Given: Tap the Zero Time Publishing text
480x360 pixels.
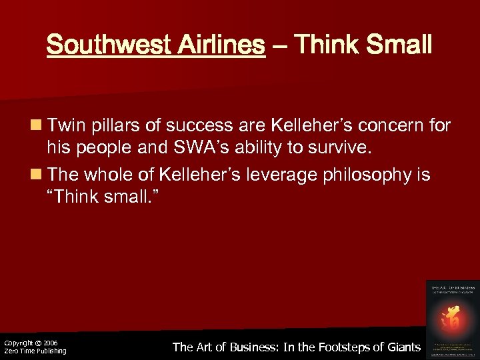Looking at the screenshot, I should (35, 351).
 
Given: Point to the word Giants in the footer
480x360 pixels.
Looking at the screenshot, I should (401, 347).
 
